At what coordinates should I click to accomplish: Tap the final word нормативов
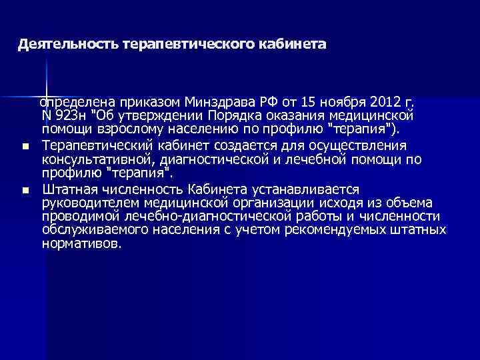pyautogui.click(x=82, y=244)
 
